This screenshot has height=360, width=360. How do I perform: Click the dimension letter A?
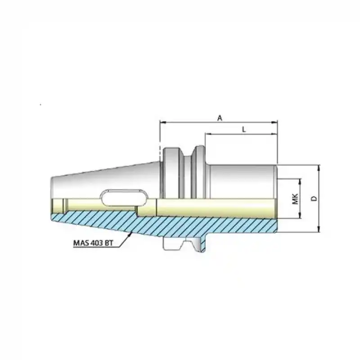pyautogui.click(x=220, y=118)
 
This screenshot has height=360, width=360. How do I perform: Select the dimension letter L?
pyautogui.click(x=243, y=129)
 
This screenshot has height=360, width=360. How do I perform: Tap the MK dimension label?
pyautogui.click(x=296, y=198)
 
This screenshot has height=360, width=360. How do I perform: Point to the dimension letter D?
pyautogui.click(x=315, y=198)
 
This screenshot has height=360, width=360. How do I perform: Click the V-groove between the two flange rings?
pyautogui.click(x=188, y=173)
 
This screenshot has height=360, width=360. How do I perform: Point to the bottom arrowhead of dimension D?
pyautogui.click(x=318, y=230)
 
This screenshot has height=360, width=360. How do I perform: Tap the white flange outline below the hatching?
pyautogui.click(x=182, y=244)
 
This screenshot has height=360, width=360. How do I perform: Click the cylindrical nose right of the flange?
pyautogui.click(x=243, y=180)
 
